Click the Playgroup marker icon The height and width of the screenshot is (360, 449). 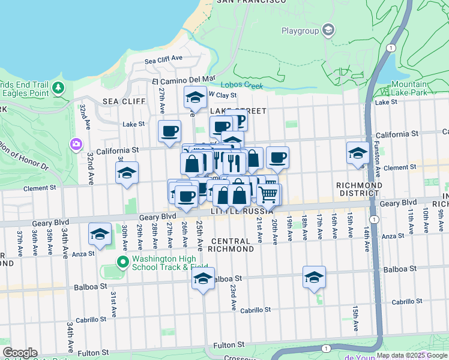click(x=328, y=30)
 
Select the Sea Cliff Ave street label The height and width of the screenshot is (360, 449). click(x=163, y=59)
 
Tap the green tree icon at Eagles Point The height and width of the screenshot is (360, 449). click(x=58, y=89)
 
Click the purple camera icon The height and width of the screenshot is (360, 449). click(x=76, y=144)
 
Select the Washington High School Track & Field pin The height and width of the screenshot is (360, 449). click(x=123, y=262)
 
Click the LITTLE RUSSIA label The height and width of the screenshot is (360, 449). click(x=242, y=212)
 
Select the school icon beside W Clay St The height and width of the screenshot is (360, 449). click(x=194, y=97)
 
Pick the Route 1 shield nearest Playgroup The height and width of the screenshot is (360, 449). click(x=391, y=47)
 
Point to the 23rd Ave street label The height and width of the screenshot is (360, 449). click(x=232, y=297)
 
